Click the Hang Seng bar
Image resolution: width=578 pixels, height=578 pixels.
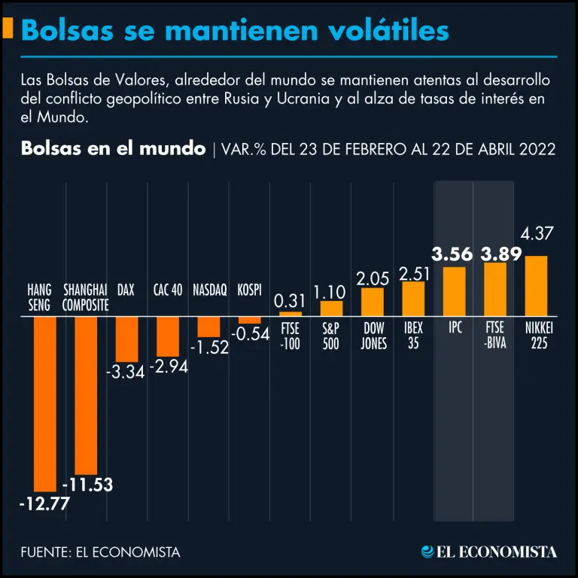pyautogui.click(x=45, y=403)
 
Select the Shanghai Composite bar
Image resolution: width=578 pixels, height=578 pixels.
pyautogui.click(x=87, y=395)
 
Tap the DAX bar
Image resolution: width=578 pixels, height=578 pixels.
pyautogui.click(x=126, y=339)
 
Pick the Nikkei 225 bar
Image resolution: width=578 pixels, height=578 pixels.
pyautogui.click(x=536, y=286)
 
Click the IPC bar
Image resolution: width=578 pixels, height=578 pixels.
pyautogui.click(x=454, y=291)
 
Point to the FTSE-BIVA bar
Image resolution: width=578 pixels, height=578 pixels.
pyautogui.click(x=494, y=289)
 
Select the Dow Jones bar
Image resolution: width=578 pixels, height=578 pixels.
pyautogui.click(x=373, y=302)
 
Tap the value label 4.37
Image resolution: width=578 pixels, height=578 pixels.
pyautogui.click(x=537, y=234)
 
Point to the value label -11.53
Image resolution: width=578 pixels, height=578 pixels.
pyautogui.click(x=87, y=485)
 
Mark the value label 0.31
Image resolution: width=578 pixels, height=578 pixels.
pyautogui.click(x=290, y=301)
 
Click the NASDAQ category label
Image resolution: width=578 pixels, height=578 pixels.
pyautogui.click(x=209, y=290)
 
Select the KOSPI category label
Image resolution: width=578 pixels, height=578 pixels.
pyautogui.click(x=249, y=290)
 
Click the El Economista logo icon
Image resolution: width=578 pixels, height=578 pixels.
pyautogui.click(x=428, y=552)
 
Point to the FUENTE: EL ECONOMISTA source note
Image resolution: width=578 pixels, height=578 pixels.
pyautogui.click(x=101, y=552)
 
